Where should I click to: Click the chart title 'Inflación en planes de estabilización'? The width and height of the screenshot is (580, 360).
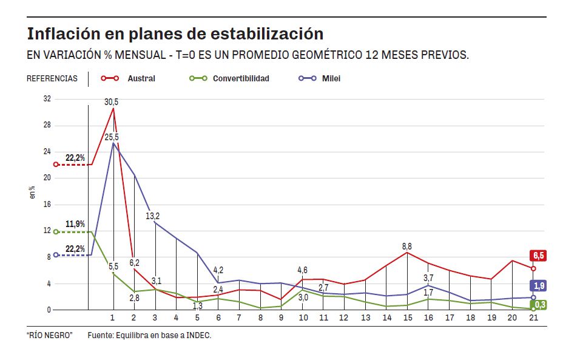click(175, 33)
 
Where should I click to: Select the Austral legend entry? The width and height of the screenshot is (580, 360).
click(141, 78)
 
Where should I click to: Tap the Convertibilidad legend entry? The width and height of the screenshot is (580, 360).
click(240, 78)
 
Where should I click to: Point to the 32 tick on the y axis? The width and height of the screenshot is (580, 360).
click(47, 99)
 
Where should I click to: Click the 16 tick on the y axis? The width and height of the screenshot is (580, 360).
click(47, 205)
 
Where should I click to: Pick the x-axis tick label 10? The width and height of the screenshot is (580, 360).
click(302, 318)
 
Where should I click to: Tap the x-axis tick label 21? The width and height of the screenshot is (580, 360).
click(533, 318)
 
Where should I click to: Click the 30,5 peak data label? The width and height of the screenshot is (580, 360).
click(112, 102)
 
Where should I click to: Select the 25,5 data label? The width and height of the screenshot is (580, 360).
click(112, 137)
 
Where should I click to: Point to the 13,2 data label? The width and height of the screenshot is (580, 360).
click(153, 216)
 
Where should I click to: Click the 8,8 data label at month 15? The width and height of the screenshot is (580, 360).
click(406, 246)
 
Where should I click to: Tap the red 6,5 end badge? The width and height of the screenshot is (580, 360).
click(539, 256)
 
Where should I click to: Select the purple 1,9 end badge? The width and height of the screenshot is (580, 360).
click(539, 285)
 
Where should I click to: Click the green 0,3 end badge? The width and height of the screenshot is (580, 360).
click(539, 305)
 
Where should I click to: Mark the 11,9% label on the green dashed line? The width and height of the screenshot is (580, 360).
click(75, 224)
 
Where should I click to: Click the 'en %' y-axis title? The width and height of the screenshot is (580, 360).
click(33, 192)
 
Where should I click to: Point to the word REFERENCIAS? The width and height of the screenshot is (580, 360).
click(52, 79)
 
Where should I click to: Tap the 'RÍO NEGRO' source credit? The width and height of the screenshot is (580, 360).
click(50, 335)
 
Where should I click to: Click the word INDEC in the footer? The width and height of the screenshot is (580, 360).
click(198, 335)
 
